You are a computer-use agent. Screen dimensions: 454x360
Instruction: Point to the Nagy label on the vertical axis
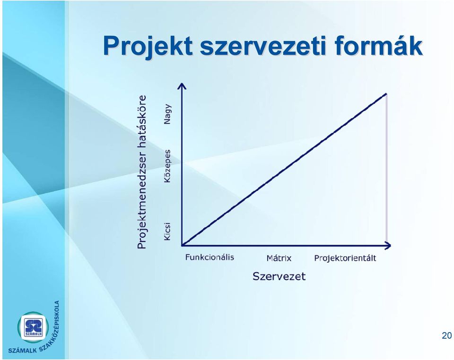click(167, 114)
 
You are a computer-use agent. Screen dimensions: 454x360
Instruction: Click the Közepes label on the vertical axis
click(167, 166)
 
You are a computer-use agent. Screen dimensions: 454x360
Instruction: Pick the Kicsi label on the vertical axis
click(167, 231)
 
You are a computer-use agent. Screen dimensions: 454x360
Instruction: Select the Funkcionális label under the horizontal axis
click(210, 257)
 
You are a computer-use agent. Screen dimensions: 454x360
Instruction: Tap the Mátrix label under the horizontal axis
click(279, 258)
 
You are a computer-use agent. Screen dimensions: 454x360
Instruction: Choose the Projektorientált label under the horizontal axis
click(345, 258)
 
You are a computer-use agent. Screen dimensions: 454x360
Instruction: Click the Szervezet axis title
click(279, 276)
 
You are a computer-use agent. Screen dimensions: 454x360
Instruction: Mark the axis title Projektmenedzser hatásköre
click(141, 172)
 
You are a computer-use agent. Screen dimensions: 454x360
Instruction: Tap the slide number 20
click(447, 335)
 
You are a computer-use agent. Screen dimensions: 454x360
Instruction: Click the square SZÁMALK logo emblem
click(34, 327)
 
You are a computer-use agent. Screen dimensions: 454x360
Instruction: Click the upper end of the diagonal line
click(386, 94)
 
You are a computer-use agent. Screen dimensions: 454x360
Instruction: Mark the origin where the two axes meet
click(182, 246)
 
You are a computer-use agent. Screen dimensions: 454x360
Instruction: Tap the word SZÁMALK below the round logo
click(23, 351)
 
